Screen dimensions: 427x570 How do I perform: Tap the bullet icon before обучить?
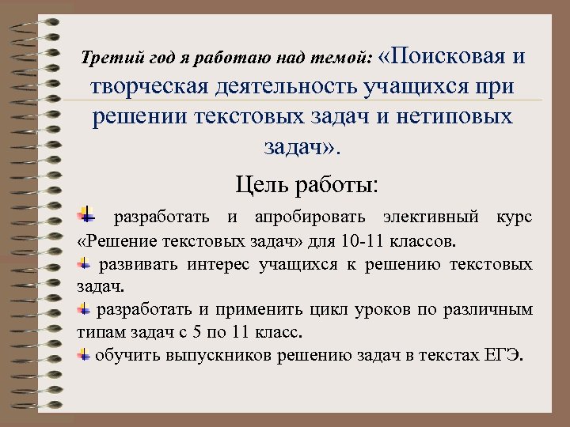[x=83, y=354]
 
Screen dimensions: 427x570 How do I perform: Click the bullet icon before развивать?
[x=83, y=263]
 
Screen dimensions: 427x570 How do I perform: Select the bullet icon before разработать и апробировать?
[x=85, y=216]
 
